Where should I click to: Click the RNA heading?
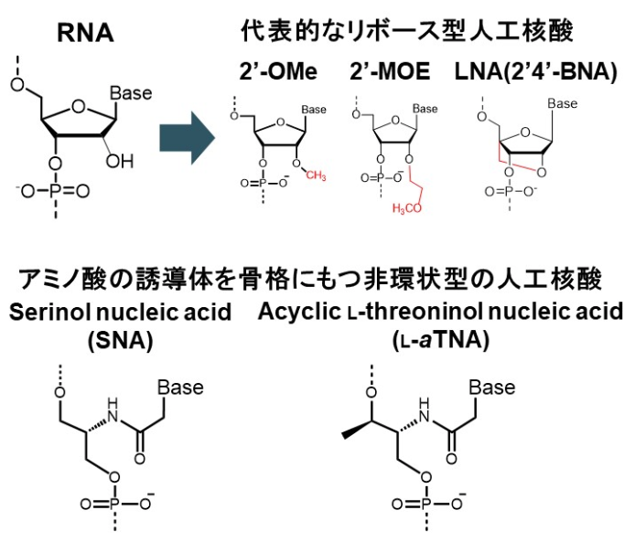(x=84, y=34)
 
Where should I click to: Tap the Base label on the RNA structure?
(x=130, y=92)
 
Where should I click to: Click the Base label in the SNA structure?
(x=179, y=388)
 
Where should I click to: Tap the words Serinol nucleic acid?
(x=120, y=314)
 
